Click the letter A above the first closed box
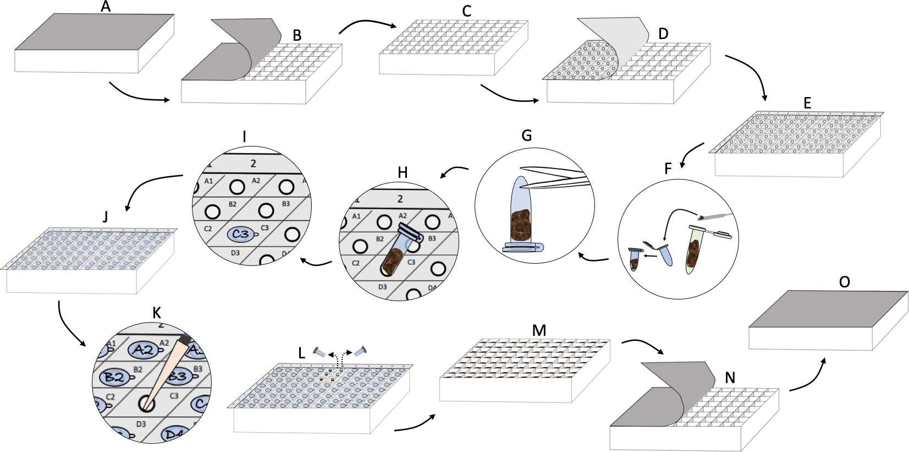coord(106,7)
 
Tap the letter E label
coord(807,103)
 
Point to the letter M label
coord(539,330)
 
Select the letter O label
coord(844,282)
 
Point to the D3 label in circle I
coord(235,253)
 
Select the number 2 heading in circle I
coord(253,164)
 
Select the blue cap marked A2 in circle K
coord(144,350)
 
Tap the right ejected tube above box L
coord(362,351)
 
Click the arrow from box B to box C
coord(367,25)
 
